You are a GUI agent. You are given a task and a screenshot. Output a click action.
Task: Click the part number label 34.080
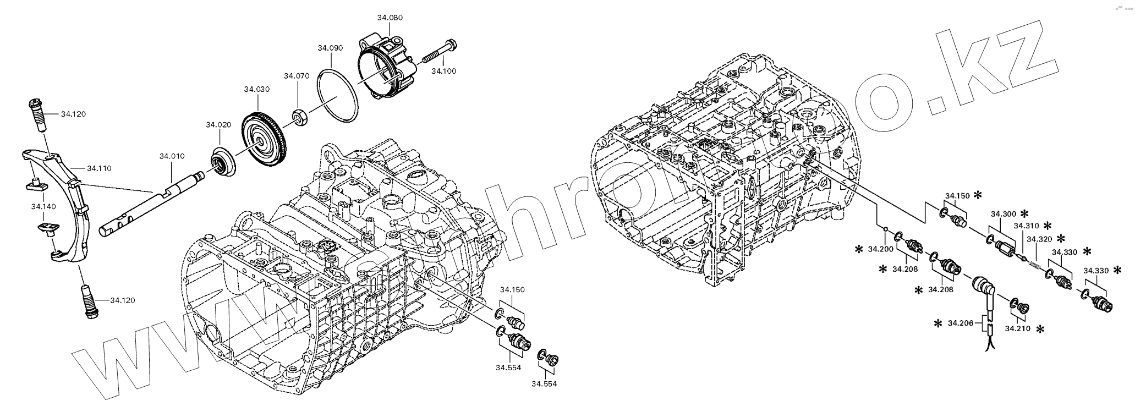click(x=390, y=18)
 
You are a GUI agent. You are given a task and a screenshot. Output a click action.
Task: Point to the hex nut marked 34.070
click(x=300, y=117)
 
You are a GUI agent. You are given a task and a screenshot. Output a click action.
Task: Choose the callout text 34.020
click(x=218, y=125)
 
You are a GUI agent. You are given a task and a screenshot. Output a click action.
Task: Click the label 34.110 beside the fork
click(x=98, y=168)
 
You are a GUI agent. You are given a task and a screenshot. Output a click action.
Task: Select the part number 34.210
click(x=1017, y=329)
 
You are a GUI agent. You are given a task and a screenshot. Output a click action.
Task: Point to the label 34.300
click(x=1004, y=213)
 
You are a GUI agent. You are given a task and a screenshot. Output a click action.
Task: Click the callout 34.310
click(x=1026, y=226)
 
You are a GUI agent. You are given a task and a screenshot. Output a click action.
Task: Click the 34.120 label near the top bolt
click(x=73, y=114)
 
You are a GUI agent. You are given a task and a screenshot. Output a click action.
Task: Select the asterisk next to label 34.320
click(x=1060, y=239)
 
